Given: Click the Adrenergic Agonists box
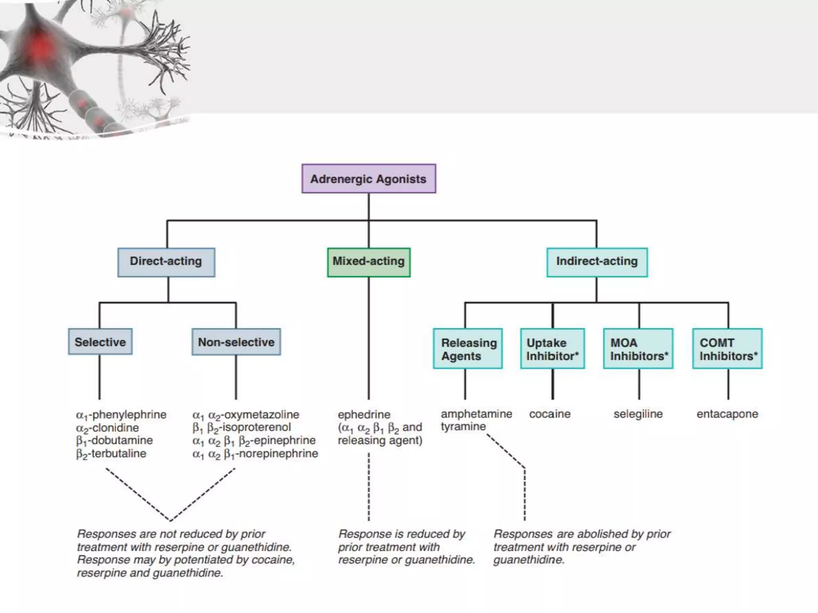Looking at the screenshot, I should [368, 179].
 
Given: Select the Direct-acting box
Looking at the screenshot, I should [166, 262].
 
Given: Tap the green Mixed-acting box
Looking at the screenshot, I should [368, 262].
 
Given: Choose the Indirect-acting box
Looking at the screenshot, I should [597, 262].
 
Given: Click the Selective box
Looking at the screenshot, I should [100, 342].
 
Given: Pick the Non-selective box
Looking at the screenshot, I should [236, 342].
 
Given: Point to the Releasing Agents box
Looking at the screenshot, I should [468, 349].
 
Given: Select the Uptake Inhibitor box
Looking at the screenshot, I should [552, 349].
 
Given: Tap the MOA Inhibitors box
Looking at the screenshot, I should [638, 349].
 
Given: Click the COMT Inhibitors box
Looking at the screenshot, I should [727, 349].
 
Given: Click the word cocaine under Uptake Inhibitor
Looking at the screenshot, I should [550, 414].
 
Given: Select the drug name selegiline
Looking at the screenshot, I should [638, 414].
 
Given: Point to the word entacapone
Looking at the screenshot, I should [727, 414].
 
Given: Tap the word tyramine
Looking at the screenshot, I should [463, 427].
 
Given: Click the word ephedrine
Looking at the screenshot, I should [364, 414].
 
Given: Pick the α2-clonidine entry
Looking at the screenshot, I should [107, 428].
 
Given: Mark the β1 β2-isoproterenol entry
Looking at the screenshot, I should [242, 427].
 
